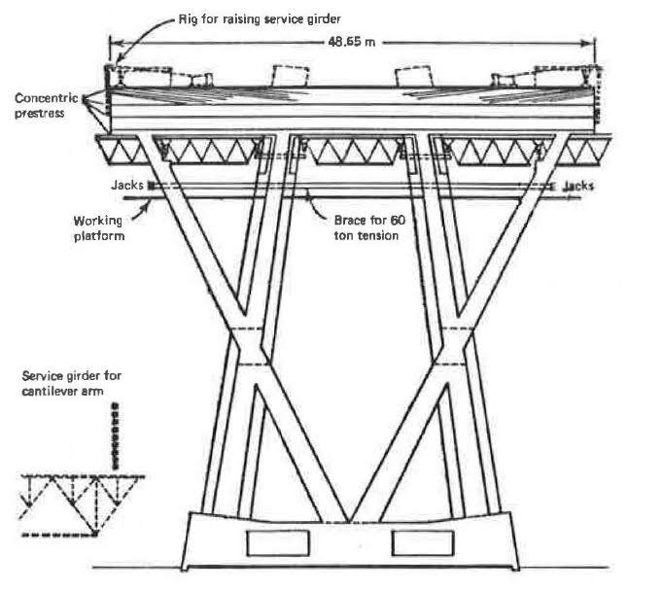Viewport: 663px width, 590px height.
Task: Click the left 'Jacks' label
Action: (x=127, y=183)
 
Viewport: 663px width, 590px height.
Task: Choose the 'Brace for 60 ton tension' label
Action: (x=370, y=226)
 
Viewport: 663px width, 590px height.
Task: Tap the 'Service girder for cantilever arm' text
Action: (x=73, y=383)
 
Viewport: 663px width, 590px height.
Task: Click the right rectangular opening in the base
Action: (x=420, y=541)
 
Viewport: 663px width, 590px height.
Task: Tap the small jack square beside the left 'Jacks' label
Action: (x=150, y=184)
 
